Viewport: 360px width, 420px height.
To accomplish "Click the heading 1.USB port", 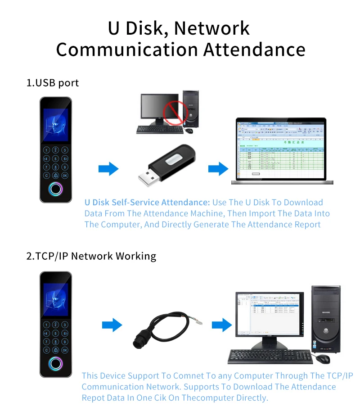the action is pyautogui.click(x=52, y=83).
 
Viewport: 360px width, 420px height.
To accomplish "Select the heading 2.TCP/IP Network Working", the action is pyautogui.click(x=91, y=256).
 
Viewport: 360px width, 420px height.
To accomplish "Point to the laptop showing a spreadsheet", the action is pyautogui.click(x=282, y=151).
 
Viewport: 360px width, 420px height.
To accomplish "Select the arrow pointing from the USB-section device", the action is pyautogui.click(x=108, y=169).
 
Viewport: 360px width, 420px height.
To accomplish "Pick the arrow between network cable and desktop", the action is pyautogui.click(x=221, y=324).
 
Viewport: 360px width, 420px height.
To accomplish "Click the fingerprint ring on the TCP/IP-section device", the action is pyautogui.click(x=56, y=364).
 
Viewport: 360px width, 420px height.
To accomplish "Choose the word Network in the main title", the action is pyautogui.click(x=211, y=28).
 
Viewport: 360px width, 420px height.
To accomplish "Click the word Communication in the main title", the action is pyautogui.click(x=127, y=49).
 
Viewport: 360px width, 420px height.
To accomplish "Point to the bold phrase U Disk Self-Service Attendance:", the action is pyautogui.click(x=147, y=203).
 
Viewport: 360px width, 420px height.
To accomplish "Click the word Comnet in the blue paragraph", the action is pyautogui.click(x=191, y=376).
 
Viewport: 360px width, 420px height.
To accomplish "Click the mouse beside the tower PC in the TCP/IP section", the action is pyautogui.click(x=322, y=359).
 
